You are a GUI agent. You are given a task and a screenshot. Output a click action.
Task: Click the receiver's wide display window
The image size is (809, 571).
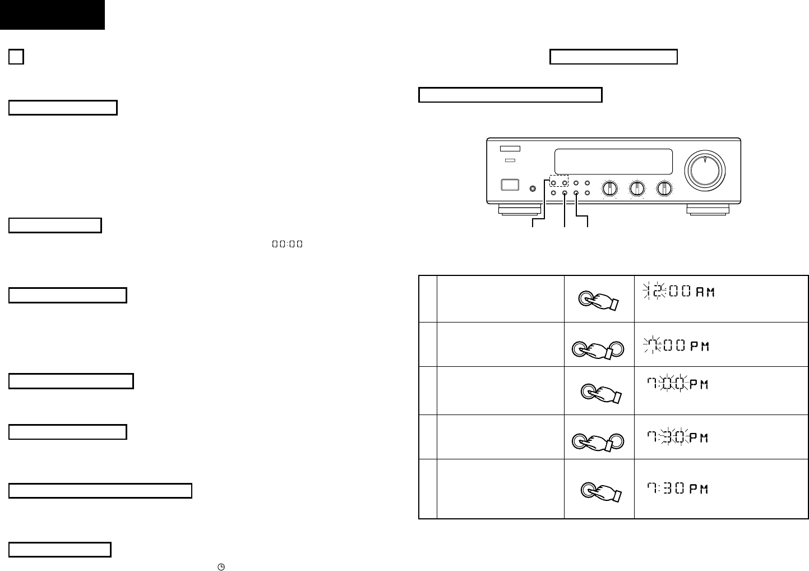613,162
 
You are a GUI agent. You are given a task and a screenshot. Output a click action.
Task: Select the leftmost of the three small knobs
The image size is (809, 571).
609,188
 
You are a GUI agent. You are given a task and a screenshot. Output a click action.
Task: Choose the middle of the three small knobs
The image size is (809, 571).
637,188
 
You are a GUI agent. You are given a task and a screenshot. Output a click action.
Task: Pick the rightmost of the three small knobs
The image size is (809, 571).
664,188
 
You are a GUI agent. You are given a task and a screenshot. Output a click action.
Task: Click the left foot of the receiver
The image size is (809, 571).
520,210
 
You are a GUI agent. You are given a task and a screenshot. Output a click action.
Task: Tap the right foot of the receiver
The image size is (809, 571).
708,210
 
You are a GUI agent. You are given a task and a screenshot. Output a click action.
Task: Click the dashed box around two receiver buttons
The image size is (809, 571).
558,182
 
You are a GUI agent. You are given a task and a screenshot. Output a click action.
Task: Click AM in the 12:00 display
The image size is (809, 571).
705,293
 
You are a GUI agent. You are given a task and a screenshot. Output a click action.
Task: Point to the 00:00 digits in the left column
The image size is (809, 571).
287,244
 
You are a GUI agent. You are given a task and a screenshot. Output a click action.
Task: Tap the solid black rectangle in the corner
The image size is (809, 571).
52,15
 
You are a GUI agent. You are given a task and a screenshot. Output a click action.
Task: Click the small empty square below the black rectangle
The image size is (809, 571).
16,57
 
